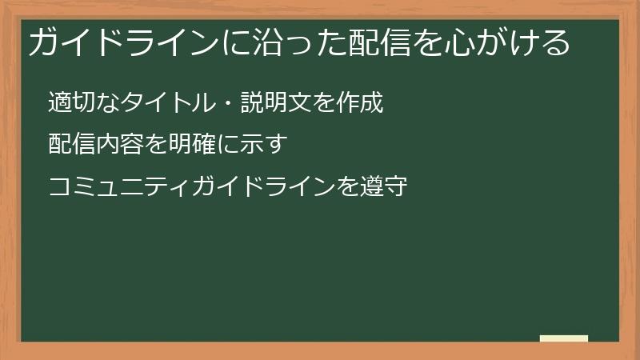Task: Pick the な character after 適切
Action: coord(105,103)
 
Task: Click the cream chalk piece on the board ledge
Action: coord(564,338)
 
